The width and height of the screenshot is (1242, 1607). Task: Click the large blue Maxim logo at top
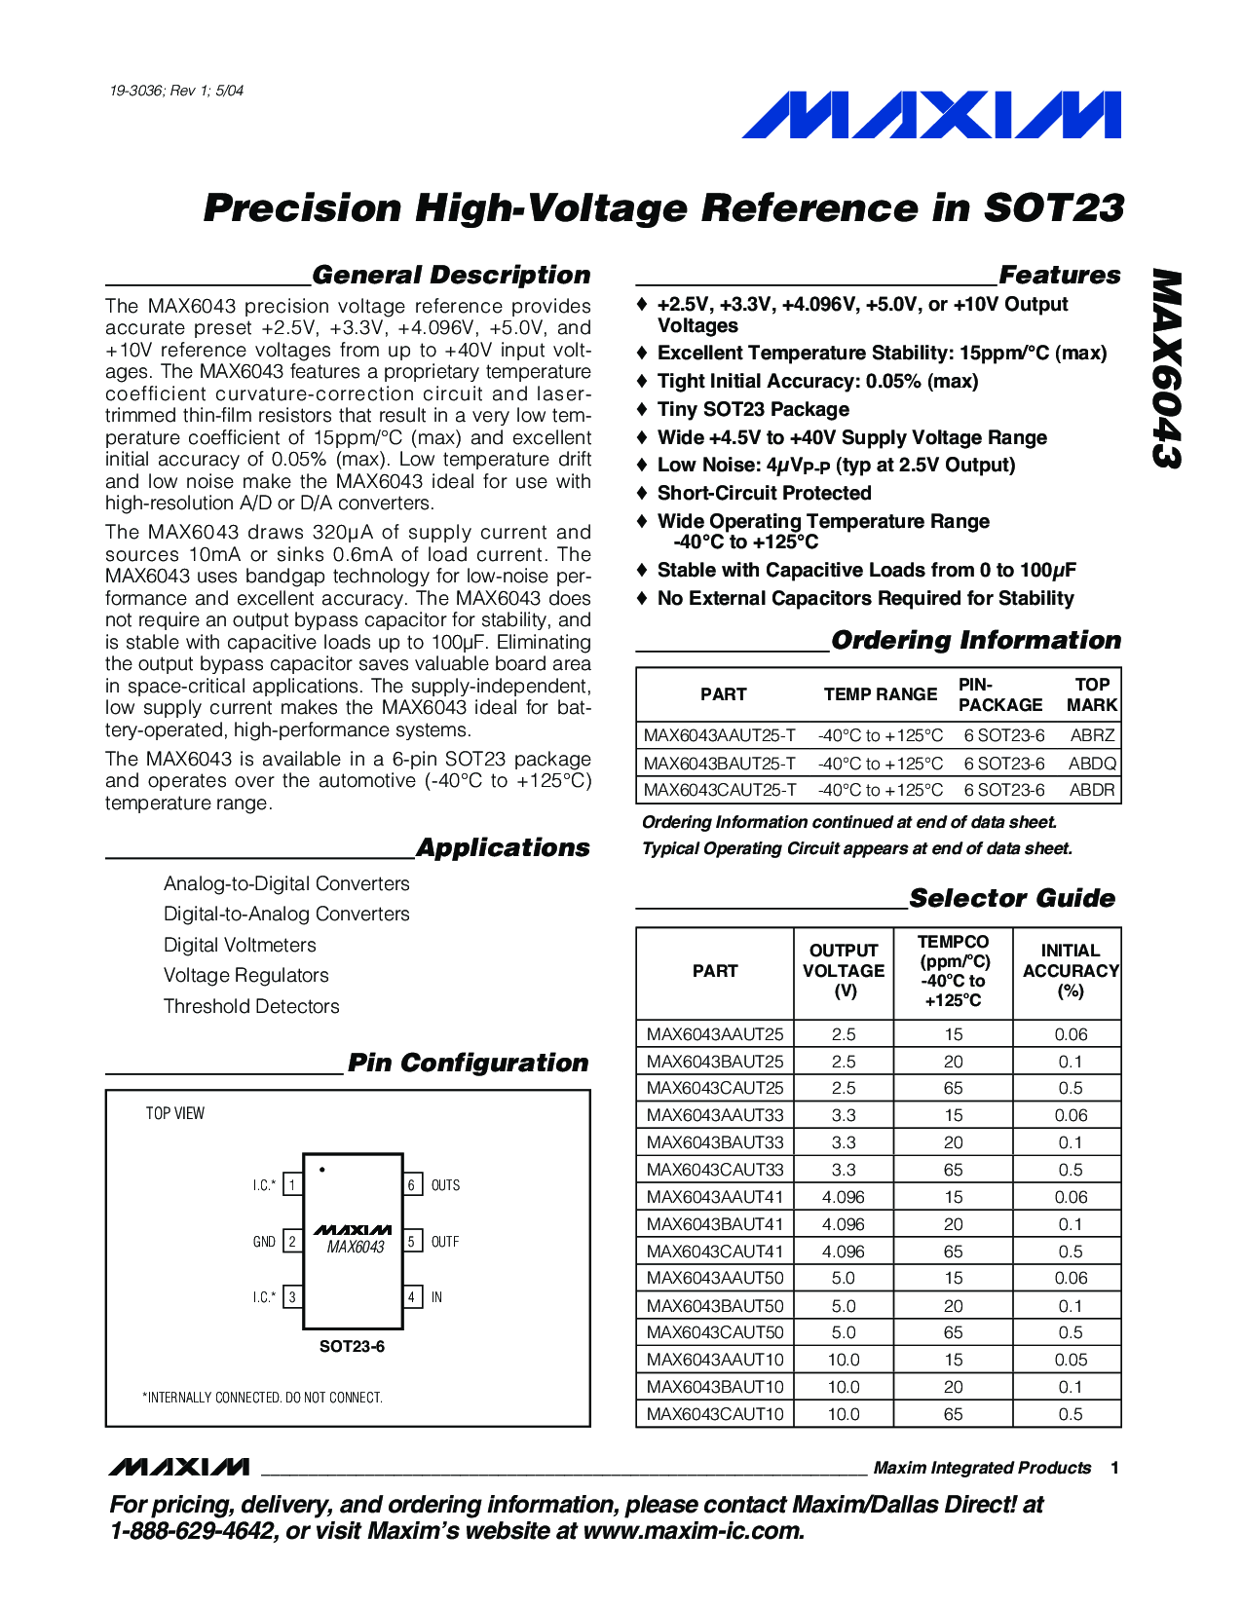[x=930, y=115]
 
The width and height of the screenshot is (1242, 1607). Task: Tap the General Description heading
[x=451, y=276]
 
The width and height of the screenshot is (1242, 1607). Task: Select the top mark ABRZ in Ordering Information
[x=1091, y=735]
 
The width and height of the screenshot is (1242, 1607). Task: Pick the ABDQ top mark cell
[x=1091, y=764]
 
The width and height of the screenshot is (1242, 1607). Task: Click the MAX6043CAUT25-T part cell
[x=720, y=790]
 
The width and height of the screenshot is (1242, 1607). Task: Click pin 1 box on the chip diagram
[x=292, y=1185]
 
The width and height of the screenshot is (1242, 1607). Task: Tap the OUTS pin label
[x=445, y=1185]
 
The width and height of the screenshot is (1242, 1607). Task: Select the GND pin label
[x=264, y=1242]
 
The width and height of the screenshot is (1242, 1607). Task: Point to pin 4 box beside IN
[x=412, y=1297]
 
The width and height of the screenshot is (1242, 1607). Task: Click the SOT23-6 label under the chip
[x=352, y=1347]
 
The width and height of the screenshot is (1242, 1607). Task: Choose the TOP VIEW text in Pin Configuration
[x=175, y=1113]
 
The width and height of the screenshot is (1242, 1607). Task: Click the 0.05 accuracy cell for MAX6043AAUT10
[x=1070, y=1360]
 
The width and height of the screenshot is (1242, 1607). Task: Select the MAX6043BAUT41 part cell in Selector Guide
[x=715, y=1224]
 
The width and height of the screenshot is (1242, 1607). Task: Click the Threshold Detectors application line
[x=251, y=1006]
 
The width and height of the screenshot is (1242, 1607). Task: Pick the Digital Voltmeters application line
[x=240, y=945]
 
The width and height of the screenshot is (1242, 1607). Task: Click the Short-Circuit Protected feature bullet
[x=764, y=493]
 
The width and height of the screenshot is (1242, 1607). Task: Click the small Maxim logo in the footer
[x=179, y=1467]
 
